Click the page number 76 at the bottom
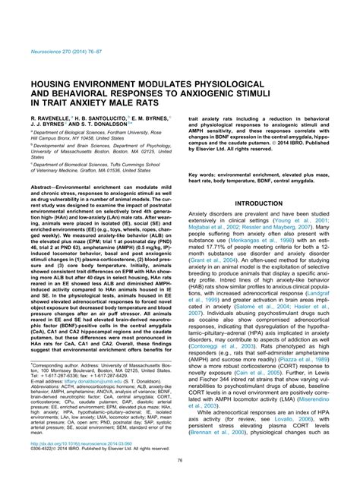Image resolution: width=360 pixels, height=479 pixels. point(179,459)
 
